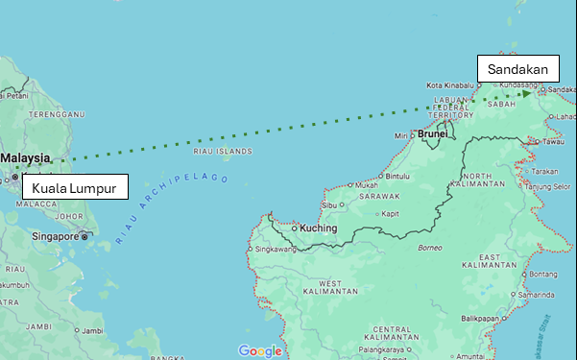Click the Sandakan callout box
click(x=517, y=69)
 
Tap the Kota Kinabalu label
click(x=451, y=84)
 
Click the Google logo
click(x=260, y=351)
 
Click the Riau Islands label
click(x=222, y=151)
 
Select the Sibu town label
click(x=330, y=205)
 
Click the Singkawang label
click(x=276, y=248)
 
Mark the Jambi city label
click(x=92, y=330)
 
